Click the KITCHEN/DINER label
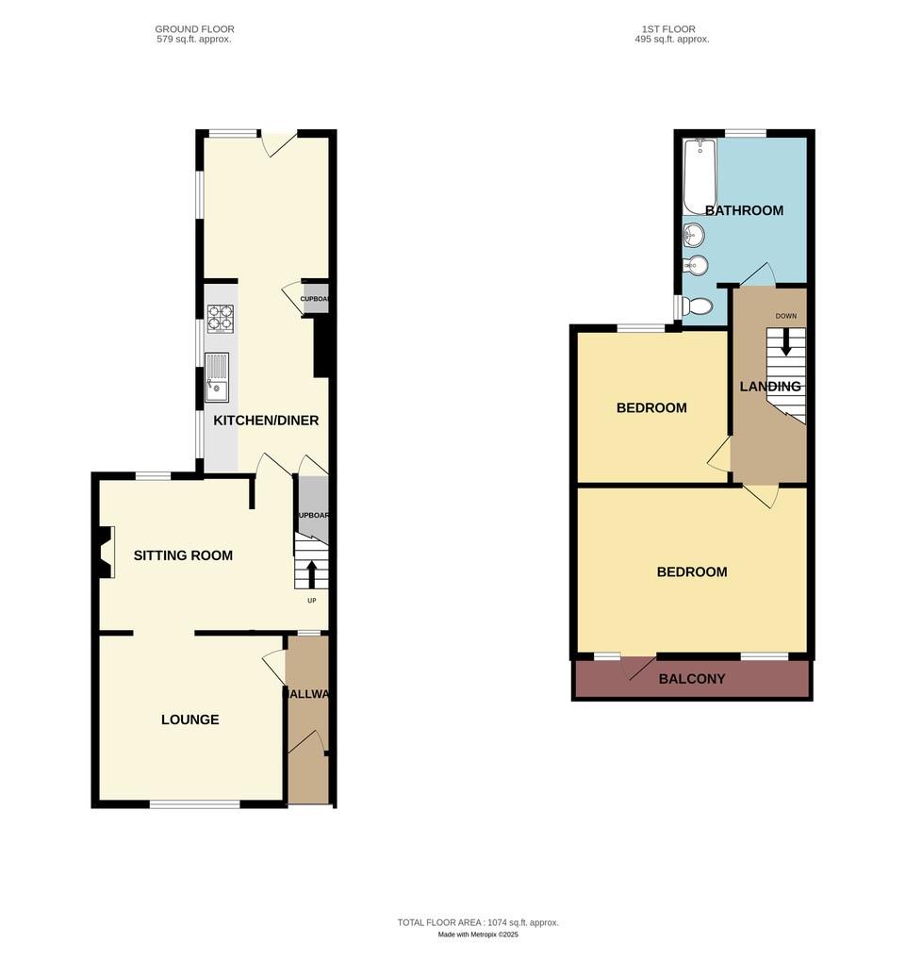(x=266, y=421)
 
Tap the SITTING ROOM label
(x=183, y=555)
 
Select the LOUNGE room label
(x=189, y=720)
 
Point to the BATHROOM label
(x=744, y=210)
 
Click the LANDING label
(x=770, y=387)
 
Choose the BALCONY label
(x=692, y=679)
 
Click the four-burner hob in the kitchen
(x=221, y=318)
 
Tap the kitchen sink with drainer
(x=217, y=376)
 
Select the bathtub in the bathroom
(x=700, y=176)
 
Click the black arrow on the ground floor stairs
(x=311, y=571)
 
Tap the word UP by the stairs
(x=311, y=601)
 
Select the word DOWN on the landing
(x=786, y=316)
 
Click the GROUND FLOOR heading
(x=195, y=29)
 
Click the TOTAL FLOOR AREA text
(x=478, y=922)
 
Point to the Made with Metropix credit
(x=478, y=935)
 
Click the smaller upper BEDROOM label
(x=651, y=408)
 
